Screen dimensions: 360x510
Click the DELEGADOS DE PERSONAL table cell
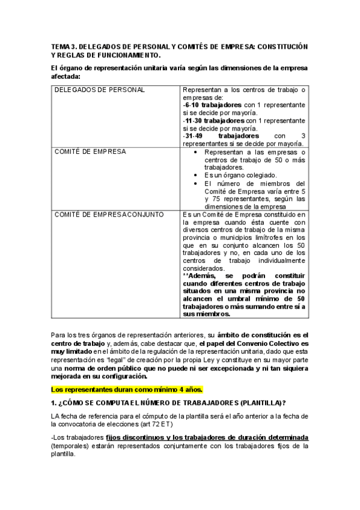coord(100,90)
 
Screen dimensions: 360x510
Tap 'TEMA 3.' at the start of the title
coord(62,46)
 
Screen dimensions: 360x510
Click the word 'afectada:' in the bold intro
coord(64,76)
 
